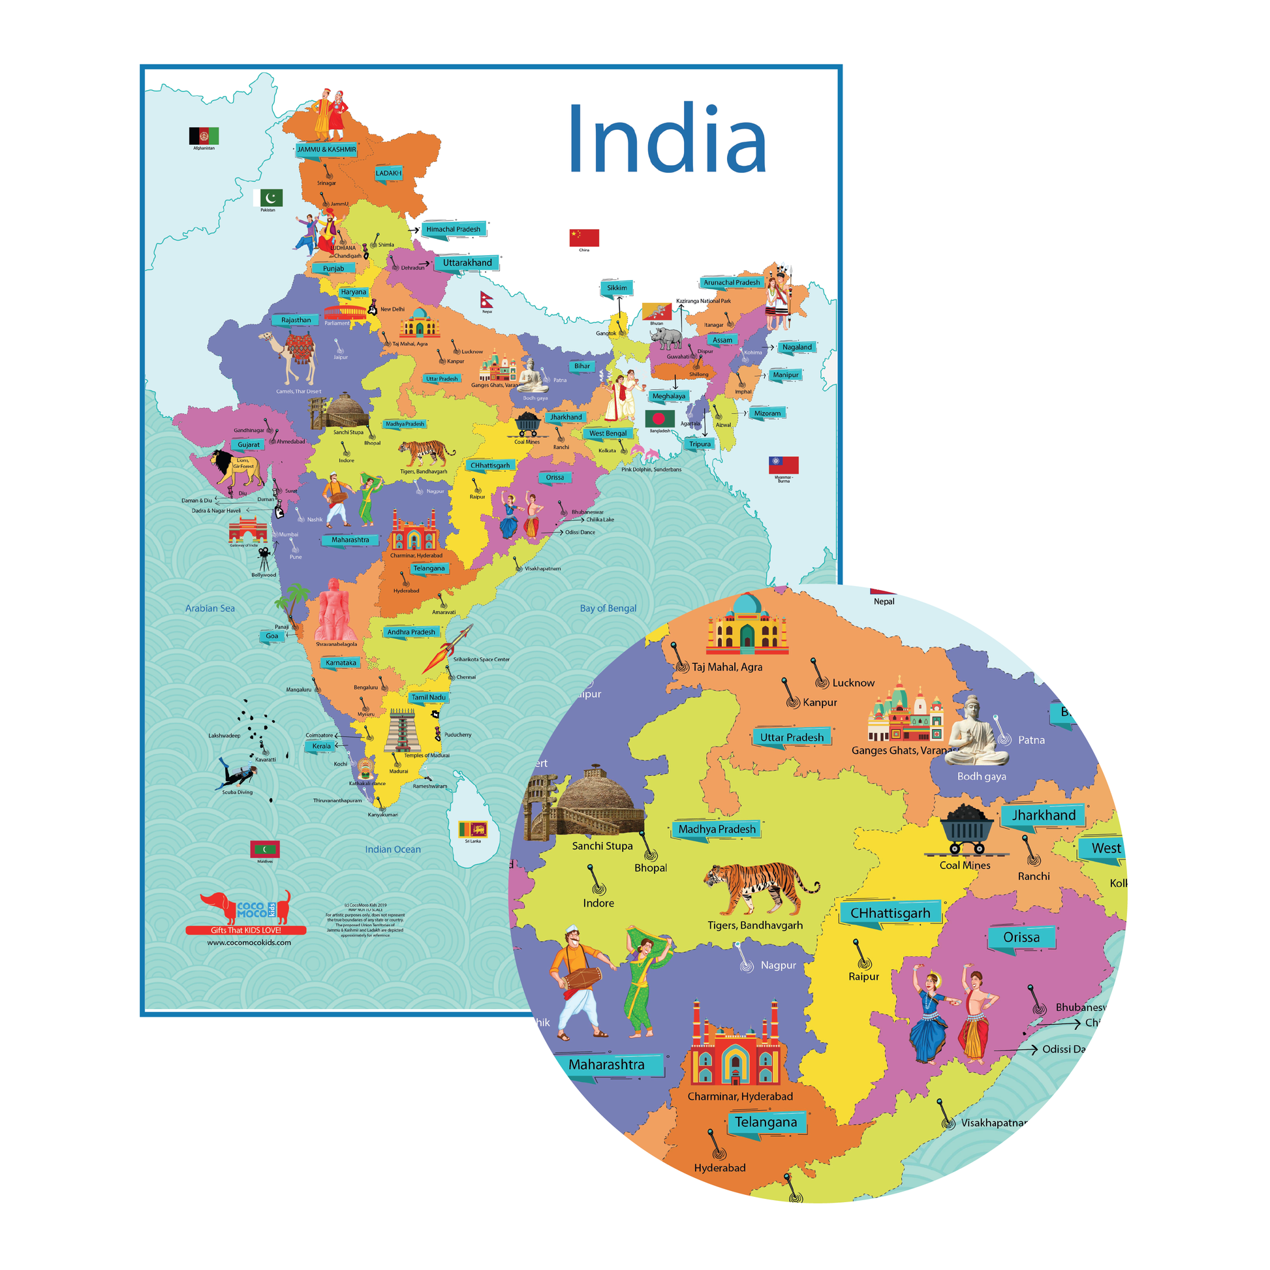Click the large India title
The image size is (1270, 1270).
[x=666, y=140]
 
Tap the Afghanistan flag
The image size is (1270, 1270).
[x=203, y=136]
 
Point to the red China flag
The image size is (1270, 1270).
[x=583, y=238]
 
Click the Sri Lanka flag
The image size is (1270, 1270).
[x=472, y=829]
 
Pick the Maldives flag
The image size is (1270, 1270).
[x=265, y=849]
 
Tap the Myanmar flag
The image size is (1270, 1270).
[x=783, y=465]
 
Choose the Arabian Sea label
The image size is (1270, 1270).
[x=209, y=608]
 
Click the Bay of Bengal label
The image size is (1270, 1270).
[x=608, y=608]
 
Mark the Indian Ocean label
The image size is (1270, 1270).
[x=392, y=849]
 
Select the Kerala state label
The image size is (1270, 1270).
[x=321, y=746]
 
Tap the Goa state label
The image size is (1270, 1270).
[x=271, y=636]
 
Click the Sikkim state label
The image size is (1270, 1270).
[x=616, y=288]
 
